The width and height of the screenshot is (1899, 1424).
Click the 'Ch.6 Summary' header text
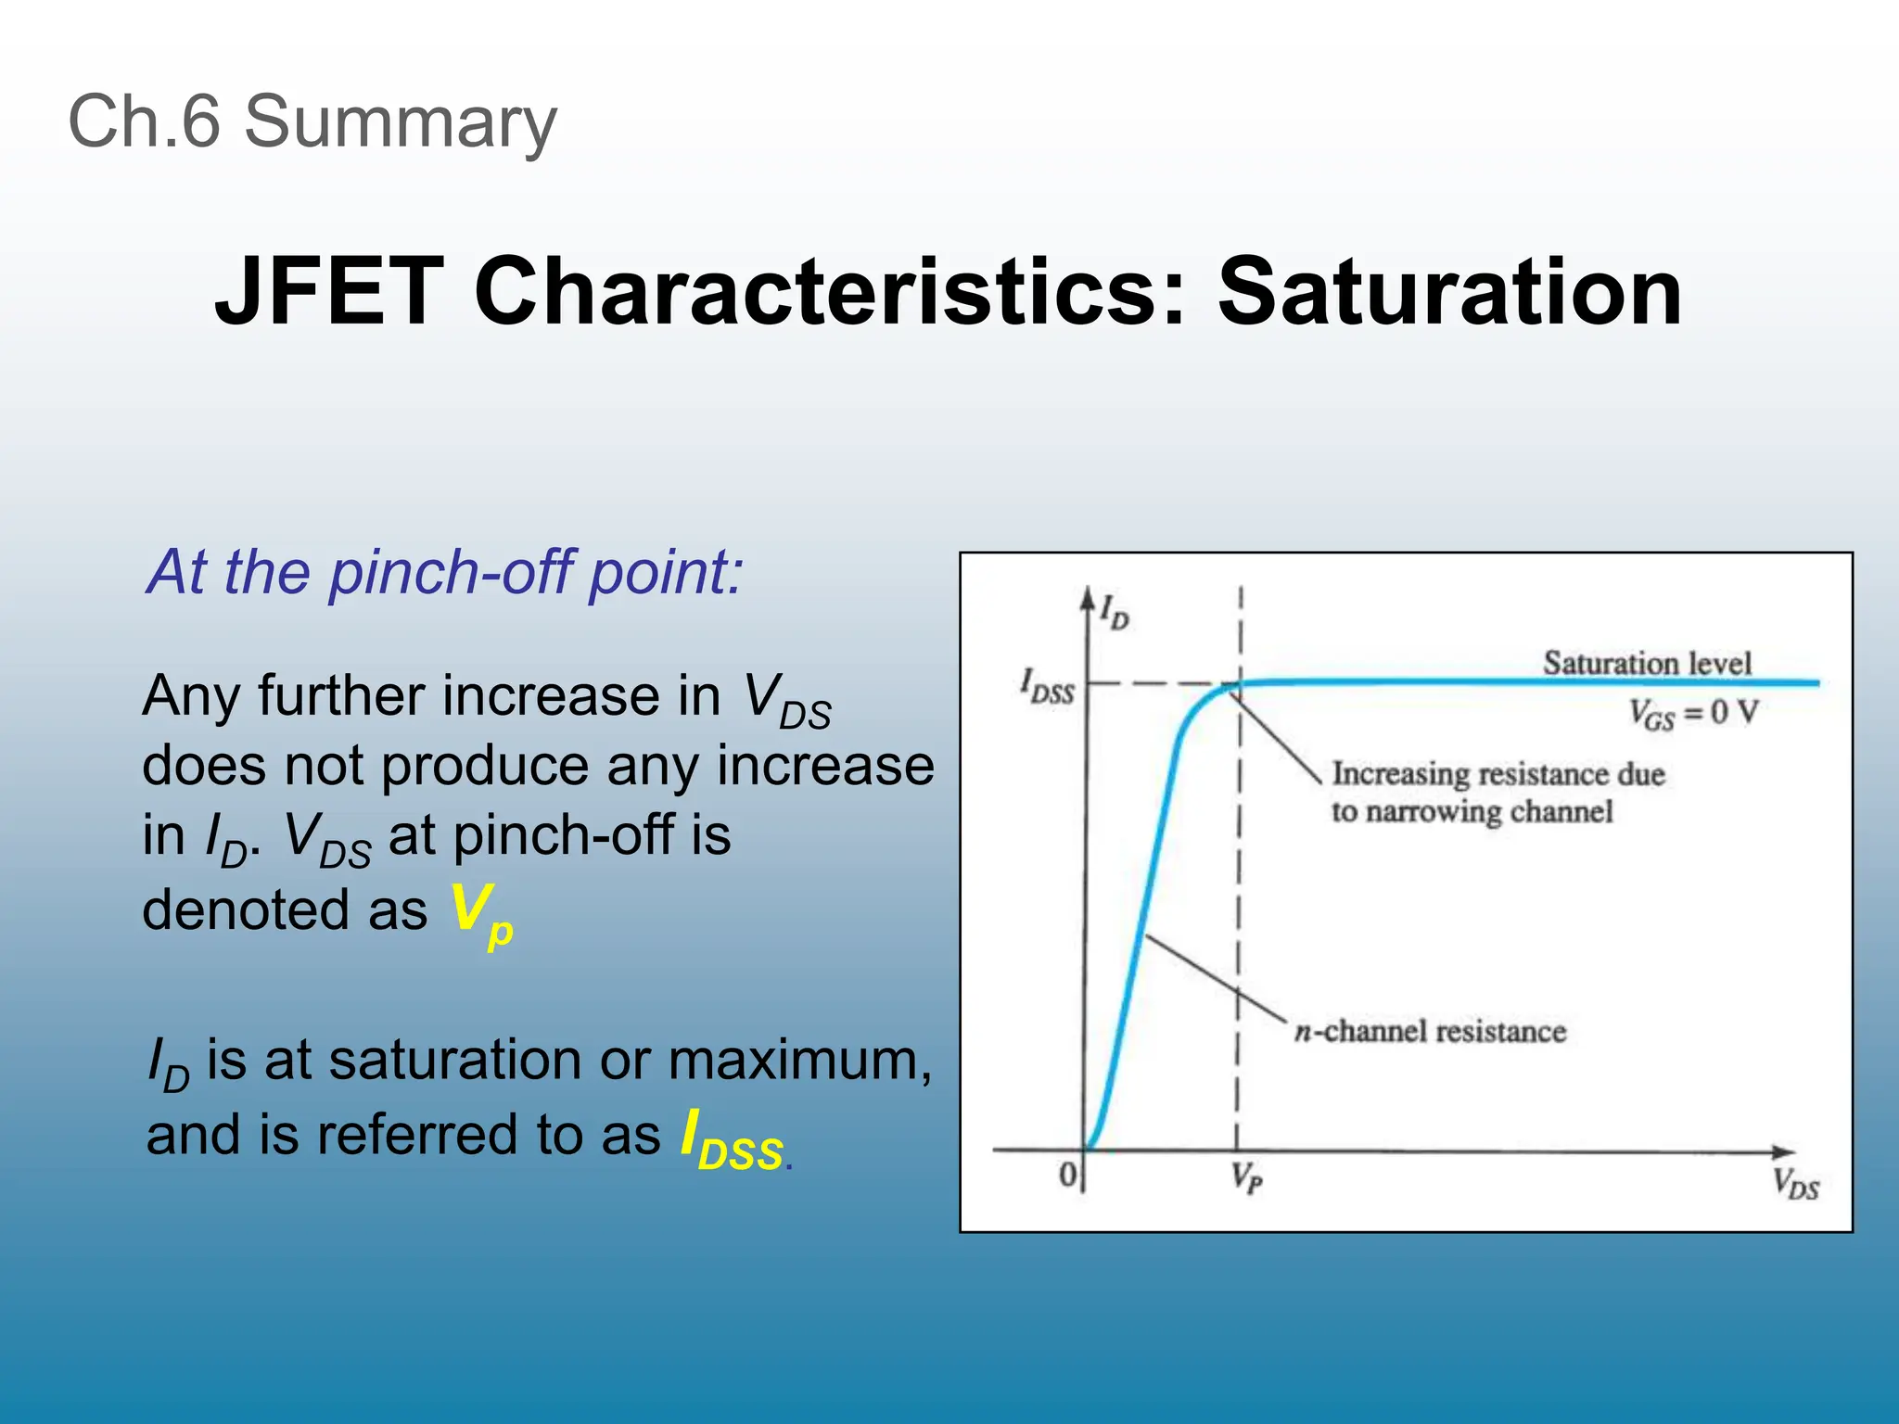coord(312,121)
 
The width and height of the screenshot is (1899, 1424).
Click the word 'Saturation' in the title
coord(1449,292)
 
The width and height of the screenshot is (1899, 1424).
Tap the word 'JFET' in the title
coord(328,292)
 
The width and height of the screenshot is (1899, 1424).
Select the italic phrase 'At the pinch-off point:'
coord(444,572)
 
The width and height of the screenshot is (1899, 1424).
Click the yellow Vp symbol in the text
coord(480,913)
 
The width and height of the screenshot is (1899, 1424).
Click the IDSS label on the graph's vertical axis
coord(1047,686)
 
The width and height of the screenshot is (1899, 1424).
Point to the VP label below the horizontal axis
coord(1246,1178)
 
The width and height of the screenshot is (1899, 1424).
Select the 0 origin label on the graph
coord(1067,1176)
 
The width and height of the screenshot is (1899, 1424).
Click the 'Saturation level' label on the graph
coord(1647,663)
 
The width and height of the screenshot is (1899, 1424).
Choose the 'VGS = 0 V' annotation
coord(1693,713)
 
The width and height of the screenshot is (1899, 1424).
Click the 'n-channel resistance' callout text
coord(1430,1031)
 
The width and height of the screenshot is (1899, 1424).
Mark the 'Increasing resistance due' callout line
coord(1498,774)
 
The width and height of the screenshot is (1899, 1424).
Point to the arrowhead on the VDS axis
coord(1784,1152)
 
